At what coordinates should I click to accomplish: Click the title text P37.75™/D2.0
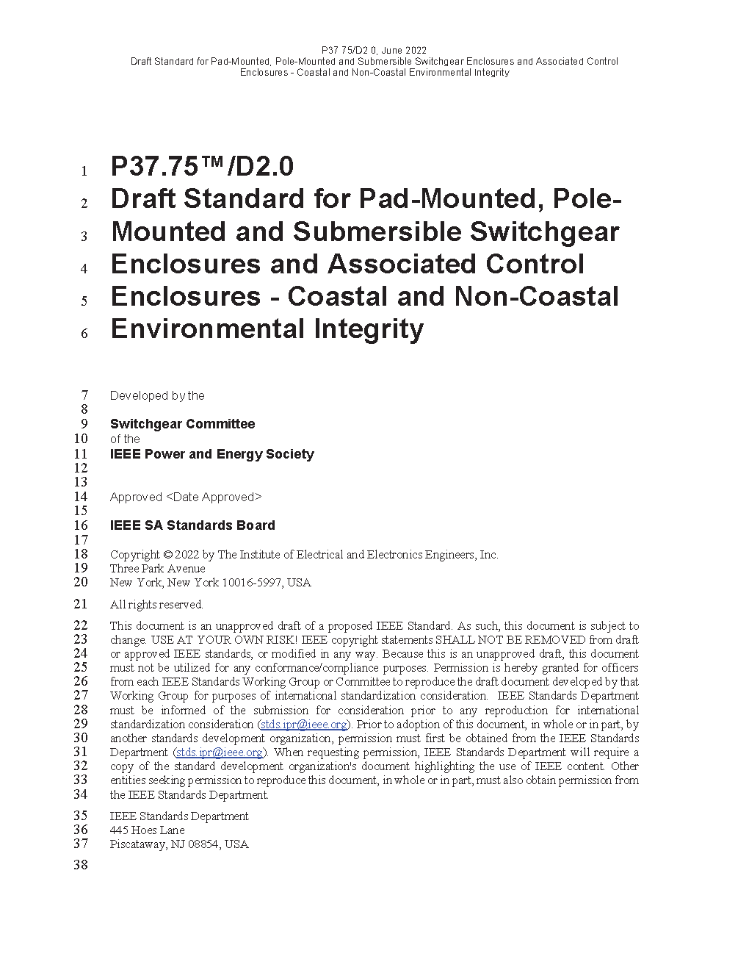coord(202,167)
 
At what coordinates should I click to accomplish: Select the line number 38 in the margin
coord(80,865)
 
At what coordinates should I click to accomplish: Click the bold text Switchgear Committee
coord(183,424)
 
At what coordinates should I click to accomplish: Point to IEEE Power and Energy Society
coord(211,454)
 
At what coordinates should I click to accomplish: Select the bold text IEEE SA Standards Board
coord(192,525)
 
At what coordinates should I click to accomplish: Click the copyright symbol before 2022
coord(167,555)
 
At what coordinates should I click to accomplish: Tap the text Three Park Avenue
coord(157,569)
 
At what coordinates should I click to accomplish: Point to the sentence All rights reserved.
coord(156,605)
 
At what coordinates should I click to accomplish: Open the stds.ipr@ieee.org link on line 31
coord(220,752)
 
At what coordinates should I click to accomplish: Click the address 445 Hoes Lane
coord(147,830)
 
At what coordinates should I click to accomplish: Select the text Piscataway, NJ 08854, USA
coord(179,844)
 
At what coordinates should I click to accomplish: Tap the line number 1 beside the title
coord(84,171)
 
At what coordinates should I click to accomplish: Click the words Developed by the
coord(157,395)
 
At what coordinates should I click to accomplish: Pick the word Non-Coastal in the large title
coord(537,296)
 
